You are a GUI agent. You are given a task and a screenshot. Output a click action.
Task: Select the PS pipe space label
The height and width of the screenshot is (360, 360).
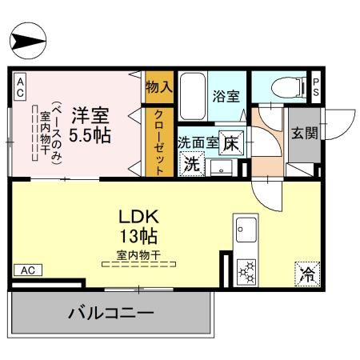316,87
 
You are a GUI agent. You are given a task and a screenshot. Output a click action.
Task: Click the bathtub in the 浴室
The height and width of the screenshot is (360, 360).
193,96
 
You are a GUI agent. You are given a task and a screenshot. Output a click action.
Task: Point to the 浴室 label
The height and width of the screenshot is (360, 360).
226,96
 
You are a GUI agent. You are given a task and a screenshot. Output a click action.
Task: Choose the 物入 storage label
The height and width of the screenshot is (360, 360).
159,87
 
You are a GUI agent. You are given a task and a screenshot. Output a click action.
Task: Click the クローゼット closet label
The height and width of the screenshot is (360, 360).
159,142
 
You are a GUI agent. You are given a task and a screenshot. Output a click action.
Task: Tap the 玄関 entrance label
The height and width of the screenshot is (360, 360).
305,133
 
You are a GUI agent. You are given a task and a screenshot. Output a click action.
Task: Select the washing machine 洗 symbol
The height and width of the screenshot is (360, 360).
192,164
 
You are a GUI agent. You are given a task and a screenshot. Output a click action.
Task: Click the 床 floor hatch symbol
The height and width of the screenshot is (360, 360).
231,142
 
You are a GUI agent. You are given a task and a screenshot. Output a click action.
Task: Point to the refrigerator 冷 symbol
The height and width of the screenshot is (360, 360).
307,274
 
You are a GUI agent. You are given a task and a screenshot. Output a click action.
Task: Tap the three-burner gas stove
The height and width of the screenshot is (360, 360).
246,272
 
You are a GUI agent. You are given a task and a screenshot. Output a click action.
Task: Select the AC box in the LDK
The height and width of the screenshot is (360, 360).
28,270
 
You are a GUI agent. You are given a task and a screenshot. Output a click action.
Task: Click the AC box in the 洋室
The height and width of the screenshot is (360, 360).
20,87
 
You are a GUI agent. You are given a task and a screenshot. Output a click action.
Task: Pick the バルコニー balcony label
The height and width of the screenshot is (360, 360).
111,313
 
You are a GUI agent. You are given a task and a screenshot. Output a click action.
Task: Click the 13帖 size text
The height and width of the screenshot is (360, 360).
138,236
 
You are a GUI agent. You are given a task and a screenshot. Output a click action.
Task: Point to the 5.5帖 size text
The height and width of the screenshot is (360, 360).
90,135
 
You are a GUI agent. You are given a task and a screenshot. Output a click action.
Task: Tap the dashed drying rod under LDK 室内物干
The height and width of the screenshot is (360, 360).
138,264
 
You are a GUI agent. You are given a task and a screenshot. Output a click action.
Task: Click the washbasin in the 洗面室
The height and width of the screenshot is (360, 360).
221,168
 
